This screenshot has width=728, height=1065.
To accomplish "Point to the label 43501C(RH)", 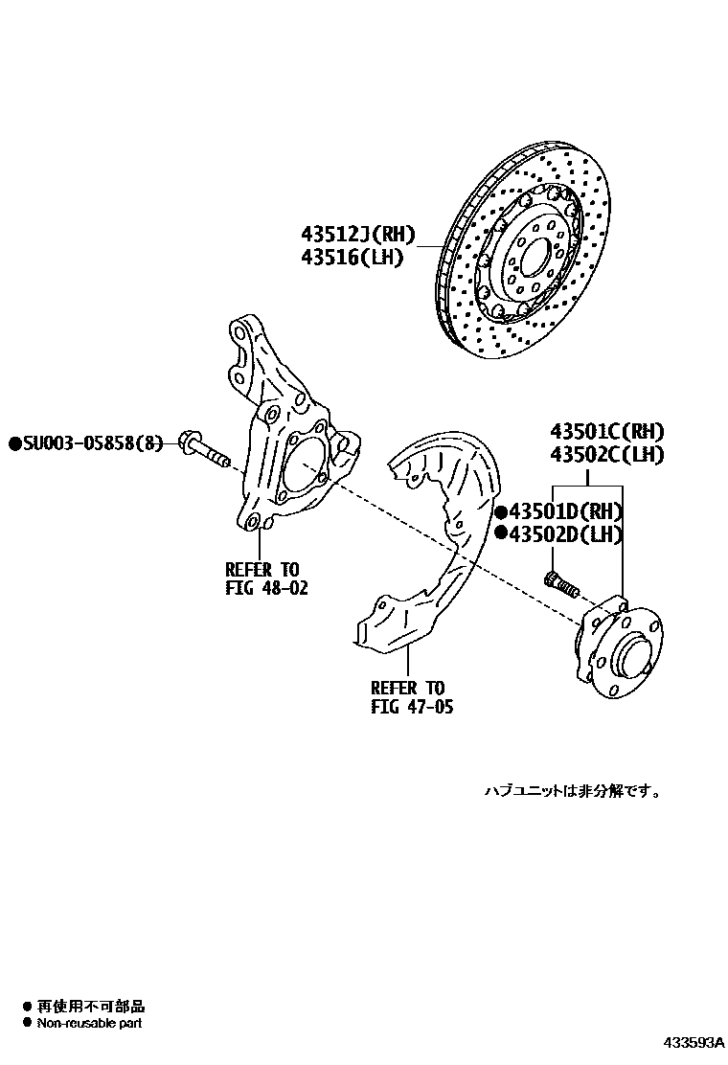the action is click(606, 431).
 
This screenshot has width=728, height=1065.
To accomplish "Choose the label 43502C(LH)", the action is click(606, 455).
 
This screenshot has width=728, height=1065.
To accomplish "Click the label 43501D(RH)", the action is click(566, 511).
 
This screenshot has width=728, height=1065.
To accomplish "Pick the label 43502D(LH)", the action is click(566, 534).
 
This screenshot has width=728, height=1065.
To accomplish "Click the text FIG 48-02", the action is click(267, 588).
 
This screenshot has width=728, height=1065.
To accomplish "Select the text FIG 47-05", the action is click(412, 709).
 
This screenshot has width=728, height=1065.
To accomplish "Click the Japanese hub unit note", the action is click(572, 791).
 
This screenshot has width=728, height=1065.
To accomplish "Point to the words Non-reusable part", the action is click(89, 1023).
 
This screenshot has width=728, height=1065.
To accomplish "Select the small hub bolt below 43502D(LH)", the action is click(559, 581).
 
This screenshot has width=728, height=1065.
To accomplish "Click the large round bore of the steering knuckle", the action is click(306, 466).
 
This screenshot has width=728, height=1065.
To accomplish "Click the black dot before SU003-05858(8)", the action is click(14, 442).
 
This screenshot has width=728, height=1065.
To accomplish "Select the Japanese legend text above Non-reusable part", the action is click(90, 1007).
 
